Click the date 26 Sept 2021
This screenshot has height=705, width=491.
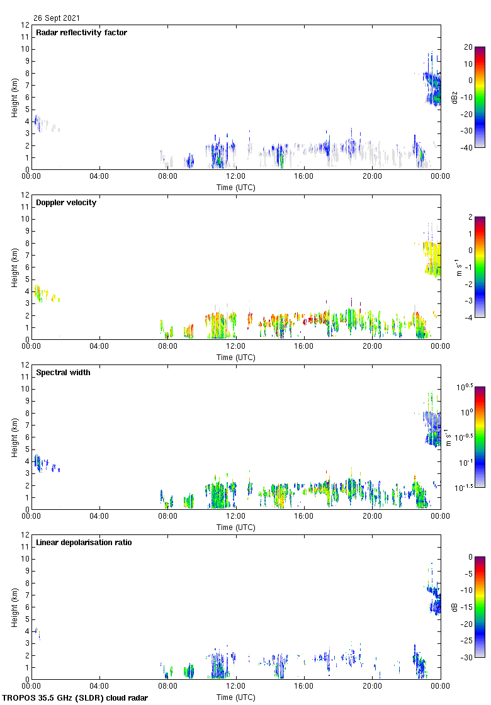click(57, 18)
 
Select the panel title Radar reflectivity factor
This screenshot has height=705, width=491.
click(81, 33)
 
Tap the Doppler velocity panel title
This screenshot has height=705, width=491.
click(66, 203)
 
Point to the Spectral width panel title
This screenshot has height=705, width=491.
click(63, 373)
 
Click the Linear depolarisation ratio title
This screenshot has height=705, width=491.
click(84, 543)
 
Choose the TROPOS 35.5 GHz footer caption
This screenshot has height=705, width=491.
click(76, 698)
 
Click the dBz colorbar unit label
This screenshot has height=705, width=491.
click(454, 98)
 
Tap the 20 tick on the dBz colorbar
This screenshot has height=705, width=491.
click(468, 47)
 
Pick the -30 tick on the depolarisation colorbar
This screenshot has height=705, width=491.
click(468, 658)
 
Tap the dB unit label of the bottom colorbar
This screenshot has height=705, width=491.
click(454, 607)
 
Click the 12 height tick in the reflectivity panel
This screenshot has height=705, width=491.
click(26, 25)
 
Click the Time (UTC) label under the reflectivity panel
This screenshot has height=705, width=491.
click(236, 188)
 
